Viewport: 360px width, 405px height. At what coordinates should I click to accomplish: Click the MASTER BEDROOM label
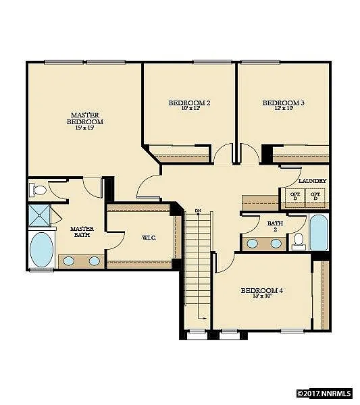click(x=84, y=118)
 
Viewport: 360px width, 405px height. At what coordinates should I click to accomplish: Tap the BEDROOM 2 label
click(x=189, y=103)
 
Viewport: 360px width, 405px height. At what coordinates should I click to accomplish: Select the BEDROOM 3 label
click(x=283, y=103)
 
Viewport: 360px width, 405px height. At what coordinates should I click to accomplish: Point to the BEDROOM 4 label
click(x=261, y=290)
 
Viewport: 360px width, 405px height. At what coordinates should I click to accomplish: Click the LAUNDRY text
click(x=311, y=181)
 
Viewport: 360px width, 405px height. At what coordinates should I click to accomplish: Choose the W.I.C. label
click(x=149, y=238)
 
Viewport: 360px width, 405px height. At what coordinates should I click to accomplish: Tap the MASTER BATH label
click(x=82, y=232)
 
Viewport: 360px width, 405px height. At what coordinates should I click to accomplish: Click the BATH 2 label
click(x=275, y=226)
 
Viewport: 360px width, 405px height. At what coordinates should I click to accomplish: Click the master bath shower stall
click(x=40, y=215)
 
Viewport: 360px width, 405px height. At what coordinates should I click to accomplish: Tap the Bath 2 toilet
click(x=297, y=240)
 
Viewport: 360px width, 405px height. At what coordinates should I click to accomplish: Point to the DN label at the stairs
click(x=199, y=211)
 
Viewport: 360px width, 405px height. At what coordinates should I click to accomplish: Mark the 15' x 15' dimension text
click(x=84, y=128)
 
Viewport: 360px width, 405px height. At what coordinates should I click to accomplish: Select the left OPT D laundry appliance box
click(x=294, y=196)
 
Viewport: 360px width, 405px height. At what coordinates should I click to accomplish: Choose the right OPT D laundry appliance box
click(x=315, y=196)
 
